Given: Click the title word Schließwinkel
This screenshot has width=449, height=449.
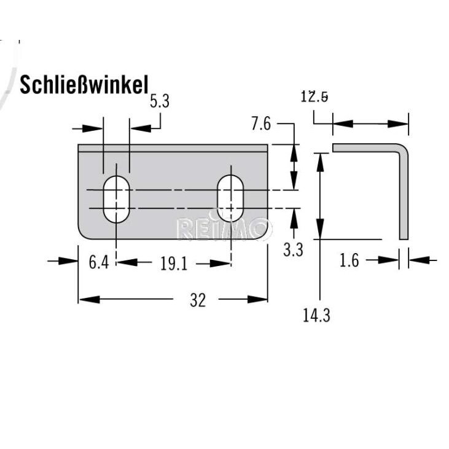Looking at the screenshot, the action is pos(84,85).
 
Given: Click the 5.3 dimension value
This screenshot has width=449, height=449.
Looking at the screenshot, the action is pos(160,101).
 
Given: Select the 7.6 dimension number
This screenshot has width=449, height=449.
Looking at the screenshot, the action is pos(261,124).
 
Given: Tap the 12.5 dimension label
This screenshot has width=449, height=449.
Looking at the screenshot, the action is pos(314,97).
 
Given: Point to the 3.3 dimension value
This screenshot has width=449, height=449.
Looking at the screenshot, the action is pos(293,250).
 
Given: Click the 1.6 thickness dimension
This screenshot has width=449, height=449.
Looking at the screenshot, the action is pos(349,261).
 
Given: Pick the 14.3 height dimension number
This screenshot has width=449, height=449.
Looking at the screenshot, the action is pos(316,316).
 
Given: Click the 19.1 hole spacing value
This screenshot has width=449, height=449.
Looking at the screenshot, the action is pos(174,264).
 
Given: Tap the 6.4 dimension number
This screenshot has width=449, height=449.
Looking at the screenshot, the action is pos(99,262).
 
